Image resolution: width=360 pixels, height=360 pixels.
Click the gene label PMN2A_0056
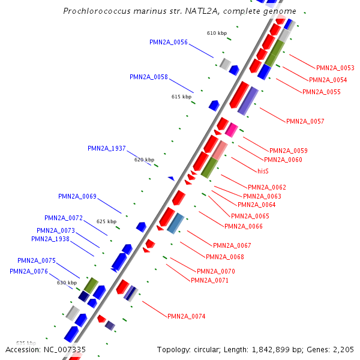pyautogui.click(x=169, y=42)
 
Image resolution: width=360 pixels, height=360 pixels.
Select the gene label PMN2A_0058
pyautogui.click(x=149, y=77)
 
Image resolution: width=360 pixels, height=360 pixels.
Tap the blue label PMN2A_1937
pyautogui.click(x=107, y=148)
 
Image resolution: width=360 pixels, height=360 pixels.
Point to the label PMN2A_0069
pyautogui.click(x=77, y=196)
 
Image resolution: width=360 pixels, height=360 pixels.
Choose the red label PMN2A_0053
pyautogui.click(x=335, y=68)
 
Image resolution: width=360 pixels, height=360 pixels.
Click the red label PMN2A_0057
pyautogui.click(x=305, y=121)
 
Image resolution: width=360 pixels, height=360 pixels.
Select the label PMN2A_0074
pyautogui.click(x=186, y=316)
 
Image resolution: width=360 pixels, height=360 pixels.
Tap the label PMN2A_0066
pyautogui.click(x=243, y=226)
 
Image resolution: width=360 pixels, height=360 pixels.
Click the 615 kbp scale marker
pyautogui.click(x=181, y=97)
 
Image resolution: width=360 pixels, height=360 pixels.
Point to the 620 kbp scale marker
pyautogui.click(x=144, y=160)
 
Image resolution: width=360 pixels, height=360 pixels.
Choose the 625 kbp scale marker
pyautogui.click(x=106, y=221)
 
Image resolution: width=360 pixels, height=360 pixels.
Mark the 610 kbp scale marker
pyautogui.click(x=217, y=33)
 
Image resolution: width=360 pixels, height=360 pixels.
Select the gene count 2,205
pyautogui.click(x=342, y=349)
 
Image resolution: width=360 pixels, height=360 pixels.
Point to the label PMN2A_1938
pyautogui.click(x=50, y=239)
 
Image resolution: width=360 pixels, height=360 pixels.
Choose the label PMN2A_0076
pyautogui.click(x=29, y=271)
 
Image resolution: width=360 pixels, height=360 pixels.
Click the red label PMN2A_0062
pyautogui.click(x=267, y=187)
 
